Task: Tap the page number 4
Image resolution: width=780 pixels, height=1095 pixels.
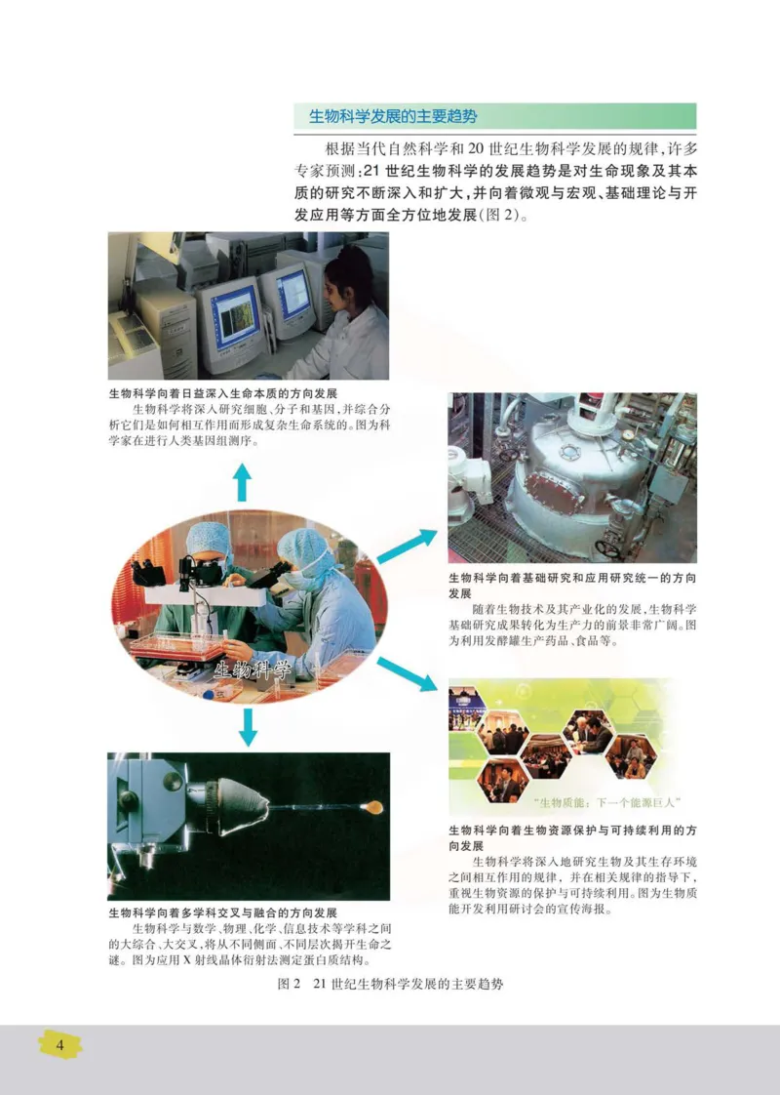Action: pos(59,1045)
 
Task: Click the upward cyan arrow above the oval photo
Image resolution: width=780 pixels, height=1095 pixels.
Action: pos(242,482)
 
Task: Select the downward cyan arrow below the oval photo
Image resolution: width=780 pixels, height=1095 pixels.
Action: pos(248,724)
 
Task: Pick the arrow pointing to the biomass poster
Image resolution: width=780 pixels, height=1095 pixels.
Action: pos(407,674)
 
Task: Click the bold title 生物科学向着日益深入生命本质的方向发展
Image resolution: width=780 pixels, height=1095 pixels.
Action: pos(223,394)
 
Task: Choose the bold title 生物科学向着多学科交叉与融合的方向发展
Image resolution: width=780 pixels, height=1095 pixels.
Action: pos(223,912)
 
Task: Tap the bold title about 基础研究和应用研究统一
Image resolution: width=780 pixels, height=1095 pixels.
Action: pos(572,585)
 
